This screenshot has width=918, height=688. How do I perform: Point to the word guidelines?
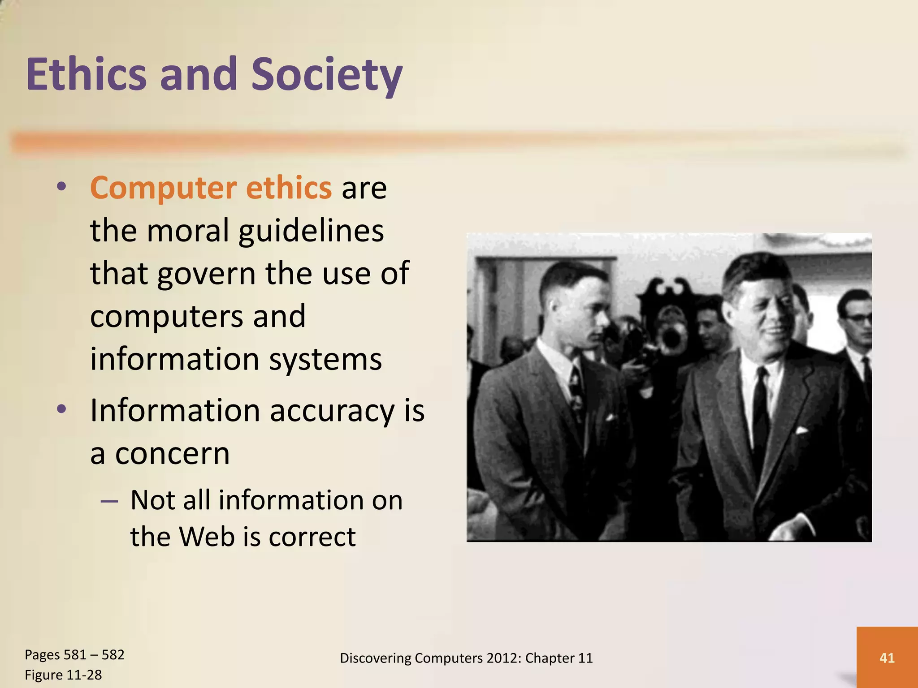coord(311,231)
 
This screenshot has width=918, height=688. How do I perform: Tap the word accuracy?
coord(332,411)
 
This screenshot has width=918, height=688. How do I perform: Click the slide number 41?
coord(887,658)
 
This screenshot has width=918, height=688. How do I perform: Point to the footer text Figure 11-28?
coord(63,675)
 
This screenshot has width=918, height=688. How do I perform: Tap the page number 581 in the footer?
coord(75,655)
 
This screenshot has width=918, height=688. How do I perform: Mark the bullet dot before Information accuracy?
coord(62,409)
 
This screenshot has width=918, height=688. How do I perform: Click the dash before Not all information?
coord(109,501)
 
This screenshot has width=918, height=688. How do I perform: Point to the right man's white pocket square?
coord(801,431)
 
